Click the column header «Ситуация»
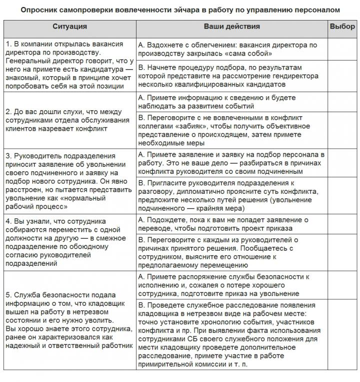click(69, 27)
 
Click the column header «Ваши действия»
click(231, 27)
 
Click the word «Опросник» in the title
click(43, 10)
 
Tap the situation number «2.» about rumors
click(9, 111)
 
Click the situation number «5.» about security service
click(9, 294)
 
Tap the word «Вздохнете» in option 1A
click(165, 45)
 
